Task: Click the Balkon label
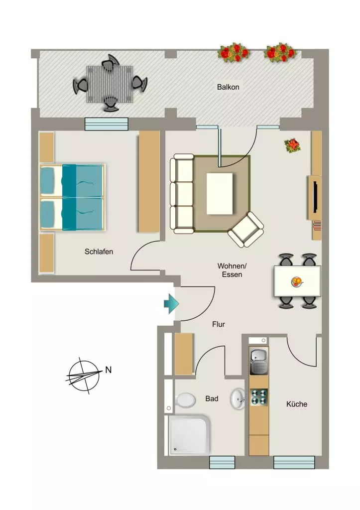pos(228,87)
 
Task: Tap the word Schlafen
pos(99,252)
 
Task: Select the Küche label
pos(297,404)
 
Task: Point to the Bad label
pos(212,398)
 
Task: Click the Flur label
pos(219,324)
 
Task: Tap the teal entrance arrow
pos(171,304)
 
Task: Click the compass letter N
pos(108,370)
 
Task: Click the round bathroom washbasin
pos(238,398)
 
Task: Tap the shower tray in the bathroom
pos(189,435)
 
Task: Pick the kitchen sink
pos(259,361)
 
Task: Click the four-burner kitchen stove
pos(259,397)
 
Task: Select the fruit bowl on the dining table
pos(297,281)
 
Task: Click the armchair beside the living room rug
pos(246,230)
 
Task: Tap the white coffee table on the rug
pos(220,194)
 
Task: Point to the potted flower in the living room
pos(293,145)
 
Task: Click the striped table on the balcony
pos(110,84)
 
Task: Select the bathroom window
pos(222,462)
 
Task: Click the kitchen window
pos(294,462)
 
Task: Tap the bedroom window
pos(107,124)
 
